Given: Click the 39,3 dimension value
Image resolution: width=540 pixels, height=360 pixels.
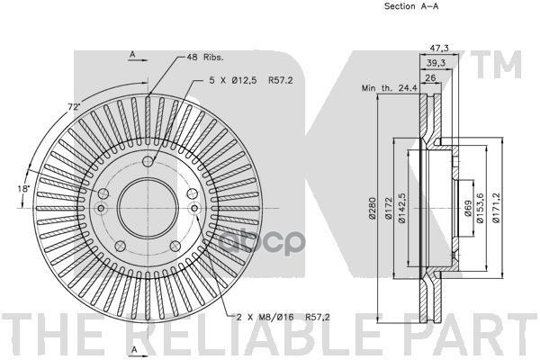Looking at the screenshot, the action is (x=436, y=63).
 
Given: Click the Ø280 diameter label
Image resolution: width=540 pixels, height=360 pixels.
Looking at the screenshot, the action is (x=371, y=210).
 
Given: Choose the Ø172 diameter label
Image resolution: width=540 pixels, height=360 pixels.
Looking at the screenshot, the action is (x=389, y=210).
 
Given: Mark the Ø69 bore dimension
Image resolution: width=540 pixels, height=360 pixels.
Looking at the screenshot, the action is (x=468, y=211).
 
